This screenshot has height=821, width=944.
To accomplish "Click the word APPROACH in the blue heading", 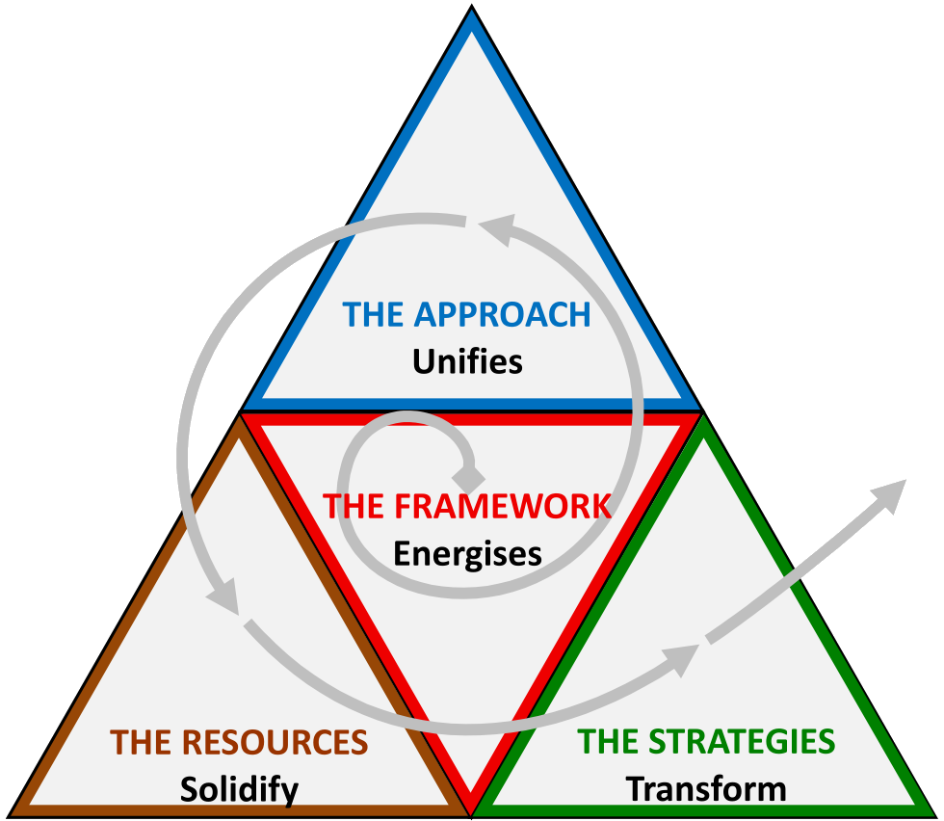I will coord(502,315).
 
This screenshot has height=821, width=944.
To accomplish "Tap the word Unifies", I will coord(467,362).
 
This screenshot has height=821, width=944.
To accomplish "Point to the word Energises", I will coord(467,554).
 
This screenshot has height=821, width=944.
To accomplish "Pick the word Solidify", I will coord(239,789).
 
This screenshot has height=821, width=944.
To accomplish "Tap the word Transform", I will coord(706,789).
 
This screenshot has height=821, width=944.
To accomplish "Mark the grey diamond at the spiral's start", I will coord(469,476).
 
